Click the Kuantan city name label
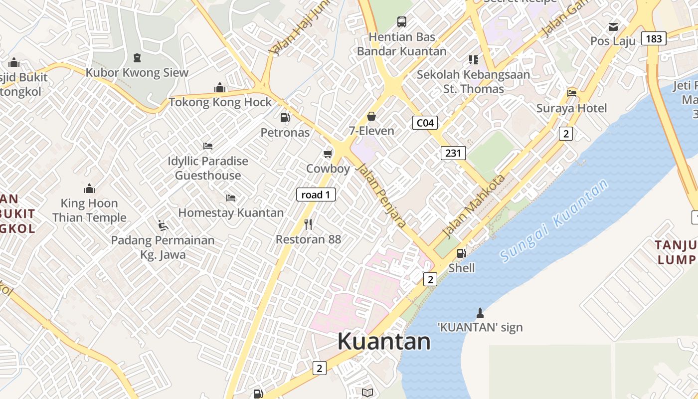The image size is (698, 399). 384,342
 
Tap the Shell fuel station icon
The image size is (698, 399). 462,253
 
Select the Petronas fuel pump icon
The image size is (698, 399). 285,118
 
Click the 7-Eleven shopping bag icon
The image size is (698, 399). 371,116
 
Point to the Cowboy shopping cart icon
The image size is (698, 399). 328,154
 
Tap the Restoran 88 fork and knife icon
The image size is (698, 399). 308,224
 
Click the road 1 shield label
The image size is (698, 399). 316,195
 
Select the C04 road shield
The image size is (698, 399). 425,123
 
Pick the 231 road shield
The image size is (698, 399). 453,153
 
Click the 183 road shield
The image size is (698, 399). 653,38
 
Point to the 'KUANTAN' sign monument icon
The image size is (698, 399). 480,313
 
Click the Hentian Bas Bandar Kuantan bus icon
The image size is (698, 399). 401,22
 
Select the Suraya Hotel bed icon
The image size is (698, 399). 572,93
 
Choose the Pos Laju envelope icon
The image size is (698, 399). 613,26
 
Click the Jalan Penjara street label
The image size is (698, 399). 381,196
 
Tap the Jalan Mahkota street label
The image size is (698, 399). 474,205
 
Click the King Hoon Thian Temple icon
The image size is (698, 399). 89,189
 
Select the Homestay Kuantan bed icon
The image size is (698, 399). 230,198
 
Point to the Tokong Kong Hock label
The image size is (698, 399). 220,102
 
